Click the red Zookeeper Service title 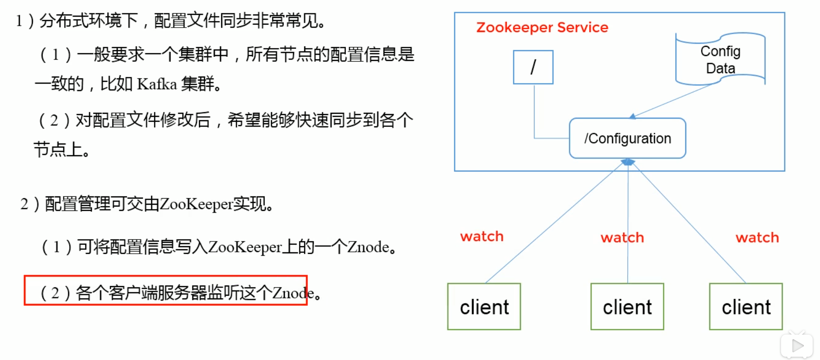[542, 28]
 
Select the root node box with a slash [533, 67]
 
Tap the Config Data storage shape [720, 59]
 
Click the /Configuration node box [627, 138]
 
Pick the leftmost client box [484, 307]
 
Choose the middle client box [627, 307]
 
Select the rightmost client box [746, 307]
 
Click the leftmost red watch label [482, 237]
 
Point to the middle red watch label [622, 238]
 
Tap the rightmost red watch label [757, 238]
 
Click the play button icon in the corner [797, 346]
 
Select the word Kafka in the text [157, 84]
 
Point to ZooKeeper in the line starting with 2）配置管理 [196, 204]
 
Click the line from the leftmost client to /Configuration [553, 223]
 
